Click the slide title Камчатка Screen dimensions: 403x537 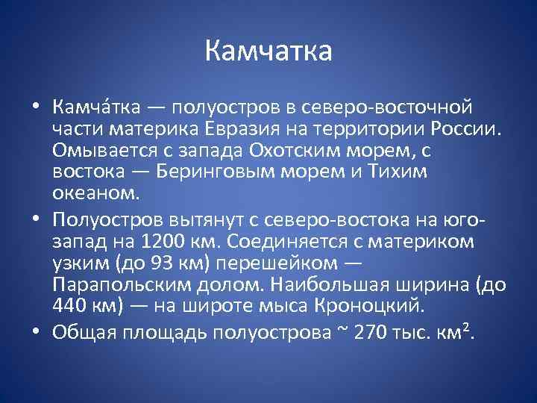[268, 53]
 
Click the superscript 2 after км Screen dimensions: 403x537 [466, 326]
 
